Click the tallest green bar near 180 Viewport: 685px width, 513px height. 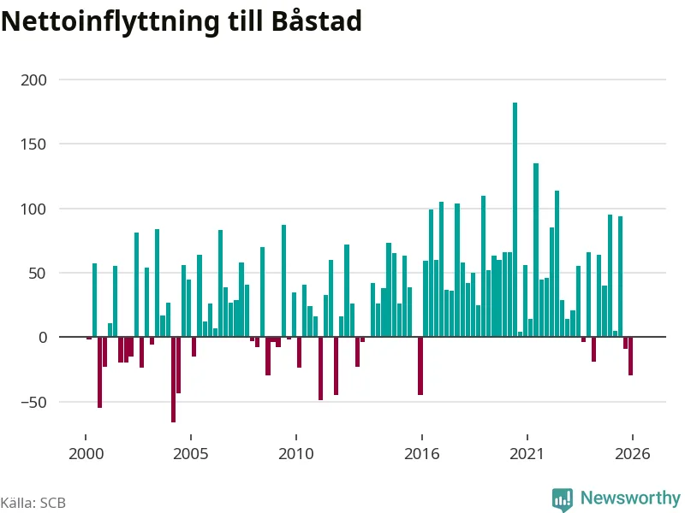pos(515,220)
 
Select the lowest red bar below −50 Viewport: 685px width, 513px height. pos(174,380)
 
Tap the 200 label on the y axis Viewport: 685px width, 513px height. pos(33,80)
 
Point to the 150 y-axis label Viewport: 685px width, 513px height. pos(33,144)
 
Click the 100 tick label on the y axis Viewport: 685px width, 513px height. pos(33,209)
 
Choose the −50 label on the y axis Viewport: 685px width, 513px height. pos(33,402)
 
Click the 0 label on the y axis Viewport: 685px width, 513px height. pos(43,337)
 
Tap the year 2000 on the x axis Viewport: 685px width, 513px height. pos(86,454)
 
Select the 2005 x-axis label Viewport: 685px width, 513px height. pos(191,454)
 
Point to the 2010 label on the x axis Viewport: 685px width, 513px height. pos(296,454)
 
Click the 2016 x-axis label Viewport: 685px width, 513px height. pos(422,454)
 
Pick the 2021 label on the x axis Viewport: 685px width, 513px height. pos(527,454)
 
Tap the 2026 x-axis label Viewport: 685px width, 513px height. pos(633,454)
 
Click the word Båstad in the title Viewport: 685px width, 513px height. pos(317,21)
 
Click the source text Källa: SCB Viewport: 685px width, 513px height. pos(33,503)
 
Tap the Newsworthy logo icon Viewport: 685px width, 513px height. pos(563,499)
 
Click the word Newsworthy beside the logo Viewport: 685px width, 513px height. pos(630,498)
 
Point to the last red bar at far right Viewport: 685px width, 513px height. pos(630,356)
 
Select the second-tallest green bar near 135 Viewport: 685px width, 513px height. pos(536,250)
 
